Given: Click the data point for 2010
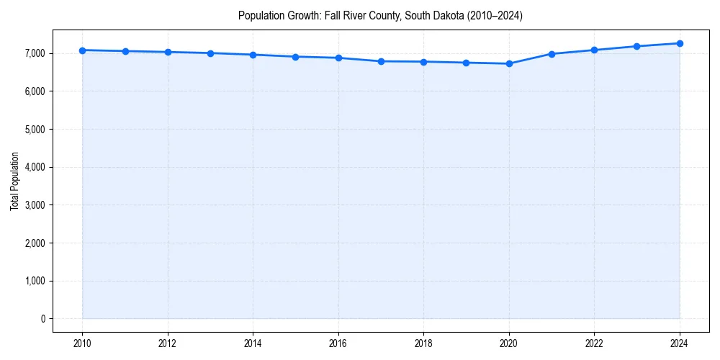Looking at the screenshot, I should point(83,50).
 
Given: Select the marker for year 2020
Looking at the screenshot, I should point(509,63).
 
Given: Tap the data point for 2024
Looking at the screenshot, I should point(680,43).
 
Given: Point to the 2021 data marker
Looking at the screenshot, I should point(552,54).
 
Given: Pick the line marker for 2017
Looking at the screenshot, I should point(381,61).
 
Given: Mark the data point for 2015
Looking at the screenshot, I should point(296,57).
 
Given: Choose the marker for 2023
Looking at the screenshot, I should point(637,46).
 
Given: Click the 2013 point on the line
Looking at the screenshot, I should point(210,53).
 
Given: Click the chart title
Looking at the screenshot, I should point(380,15).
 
